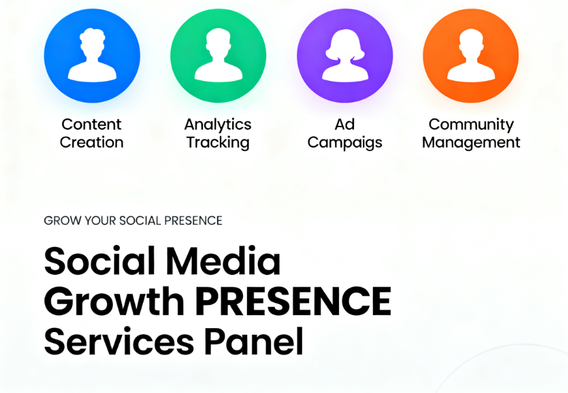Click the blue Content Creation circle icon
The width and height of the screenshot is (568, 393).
[x=92, y=55]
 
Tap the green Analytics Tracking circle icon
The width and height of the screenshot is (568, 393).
[x=218, y=55]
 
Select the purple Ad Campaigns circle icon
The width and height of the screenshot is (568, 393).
[x=344, y=55]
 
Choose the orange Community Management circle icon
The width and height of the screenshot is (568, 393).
[x=471, y=55]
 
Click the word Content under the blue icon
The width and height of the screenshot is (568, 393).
[x=91, y=125]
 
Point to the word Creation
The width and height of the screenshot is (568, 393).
[x=91, y=143]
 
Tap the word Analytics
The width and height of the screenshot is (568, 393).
[x=218, y=125]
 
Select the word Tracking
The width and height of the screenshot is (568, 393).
[x=218, y=143]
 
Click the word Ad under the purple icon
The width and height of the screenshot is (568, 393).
[x=344, y=125]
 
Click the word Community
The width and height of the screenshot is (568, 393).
[x=471, y=125]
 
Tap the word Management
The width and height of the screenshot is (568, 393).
[x=471, y=143]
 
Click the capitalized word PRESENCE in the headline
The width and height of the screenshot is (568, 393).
[x=293, y=301]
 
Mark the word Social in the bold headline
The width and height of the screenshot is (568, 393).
[x=97, y=261]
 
